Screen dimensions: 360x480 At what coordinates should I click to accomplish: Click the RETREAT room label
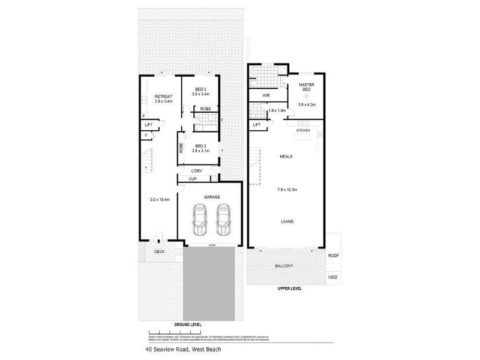[164, 97]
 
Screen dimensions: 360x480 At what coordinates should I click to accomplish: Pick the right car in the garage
[224, 220]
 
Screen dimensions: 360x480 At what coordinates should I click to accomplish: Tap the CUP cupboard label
[193, 179]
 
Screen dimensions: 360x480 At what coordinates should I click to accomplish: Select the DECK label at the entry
[160, 251]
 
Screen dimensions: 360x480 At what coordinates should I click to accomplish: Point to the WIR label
[265, 95]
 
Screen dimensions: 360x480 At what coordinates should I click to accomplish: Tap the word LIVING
[287, 221]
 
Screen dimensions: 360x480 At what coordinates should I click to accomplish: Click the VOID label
[333, 277]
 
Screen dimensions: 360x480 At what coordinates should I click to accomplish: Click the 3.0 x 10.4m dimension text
[160, 200]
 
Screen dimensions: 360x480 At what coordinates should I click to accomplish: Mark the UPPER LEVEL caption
[290, 289]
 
